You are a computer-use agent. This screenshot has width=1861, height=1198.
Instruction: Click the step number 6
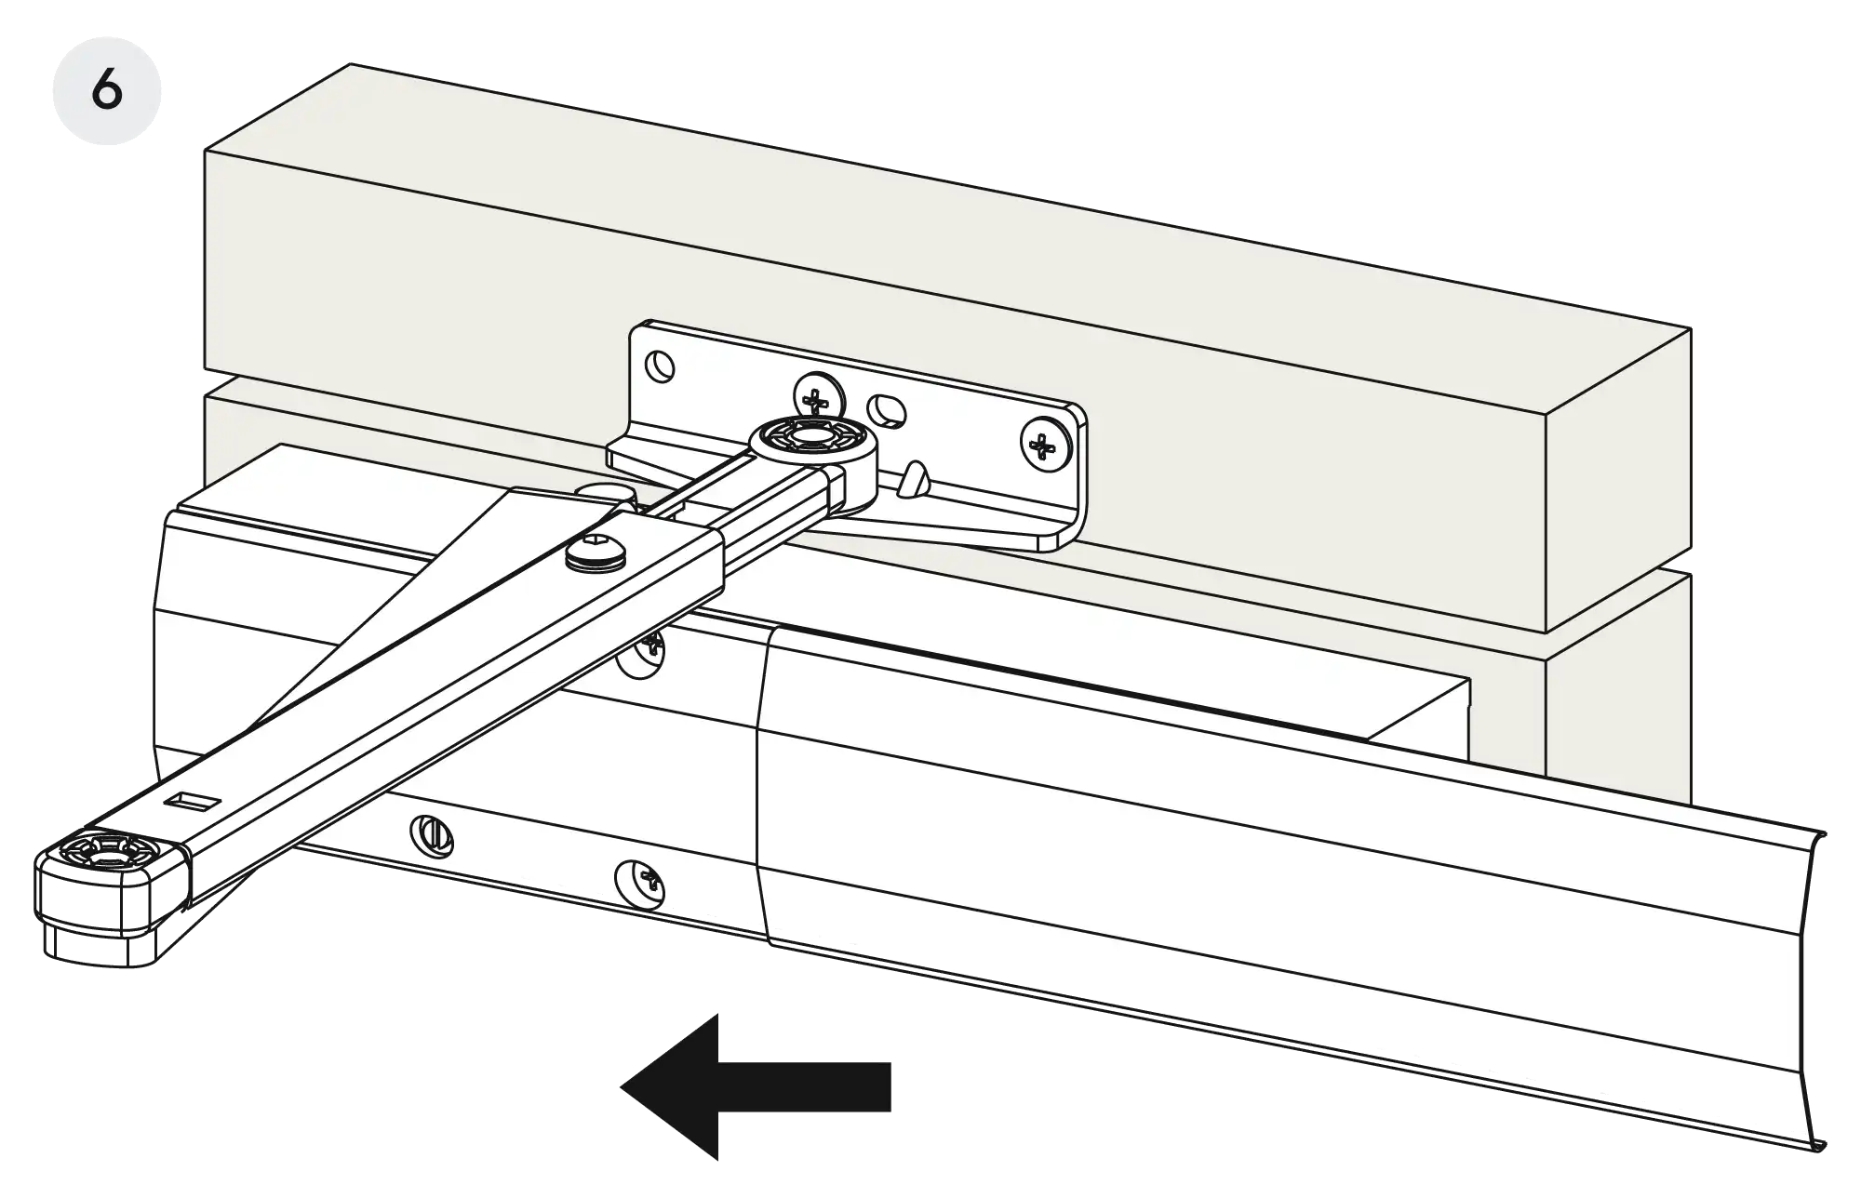[107, 91]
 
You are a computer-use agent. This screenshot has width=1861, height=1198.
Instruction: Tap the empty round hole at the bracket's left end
[662, 364]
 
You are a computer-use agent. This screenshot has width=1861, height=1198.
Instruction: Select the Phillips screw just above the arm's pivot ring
[817, 400]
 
